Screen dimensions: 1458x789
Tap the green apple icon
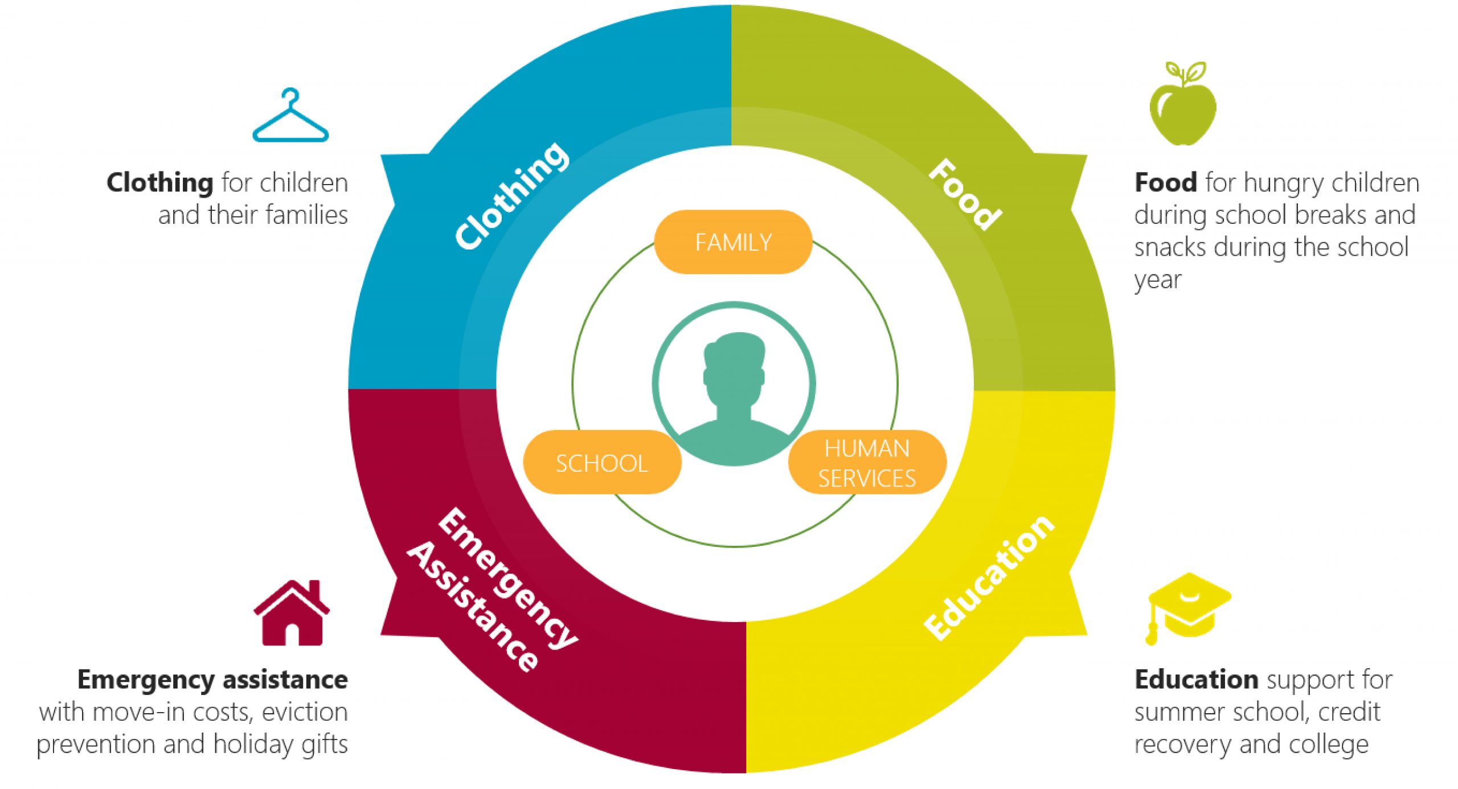[x=1183, y=104]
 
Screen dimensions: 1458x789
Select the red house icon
[x=292, y=613]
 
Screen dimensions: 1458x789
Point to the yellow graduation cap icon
[x=1189, y=608]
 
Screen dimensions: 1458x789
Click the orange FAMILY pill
[x=733, y=242]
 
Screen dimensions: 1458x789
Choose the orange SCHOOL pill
[x=602, y=462]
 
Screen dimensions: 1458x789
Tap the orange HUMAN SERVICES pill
[x=867, y=462]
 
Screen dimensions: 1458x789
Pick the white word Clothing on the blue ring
[x=511, y=195]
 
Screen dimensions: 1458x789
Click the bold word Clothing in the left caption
[x=160, y=183]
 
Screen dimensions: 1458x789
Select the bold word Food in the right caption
[x=1165, y=183]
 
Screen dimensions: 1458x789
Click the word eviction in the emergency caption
[x=305, y=712]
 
